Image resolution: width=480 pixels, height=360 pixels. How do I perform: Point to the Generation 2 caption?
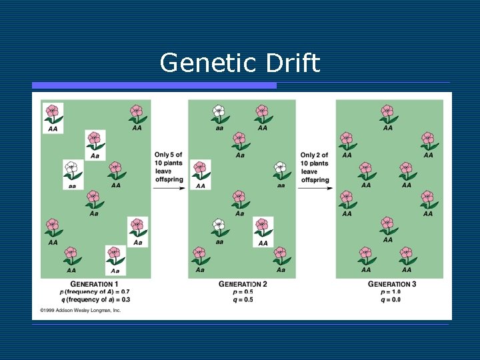click(243, 285)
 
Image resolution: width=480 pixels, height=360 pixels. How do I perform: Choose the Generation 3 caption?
click(392, 285)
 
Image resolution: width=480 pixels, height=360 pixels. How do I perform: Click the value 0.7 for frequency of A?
click(125, 292)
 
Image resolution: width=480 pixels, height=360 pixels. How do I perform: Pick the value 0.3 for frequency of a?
click(125, 299)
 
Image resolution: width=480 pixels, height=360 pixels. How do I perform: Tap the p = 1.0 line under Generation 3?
click(391, 292)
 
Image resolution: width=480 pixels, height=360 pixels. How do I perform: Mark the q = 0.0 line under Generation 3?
click(391, 299)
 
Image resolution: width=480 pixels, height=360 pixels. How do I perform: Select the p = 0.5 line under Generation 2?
click(243, 292)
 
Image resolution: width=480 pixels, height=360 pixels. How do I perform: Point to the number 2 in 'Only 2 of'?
click(320, 155)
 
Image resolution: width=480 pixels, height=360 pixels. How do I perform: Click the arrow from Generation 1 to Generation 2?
click(169, 189)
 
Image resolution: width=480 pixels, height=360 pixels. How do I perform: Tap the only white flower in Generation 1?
click(72, 169)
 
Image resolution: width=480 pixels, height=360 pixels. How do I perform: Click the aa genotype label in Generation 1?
click(72, 186)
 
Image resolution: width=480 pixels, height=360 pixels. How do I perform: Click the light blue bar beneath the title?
click(154, 85)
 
